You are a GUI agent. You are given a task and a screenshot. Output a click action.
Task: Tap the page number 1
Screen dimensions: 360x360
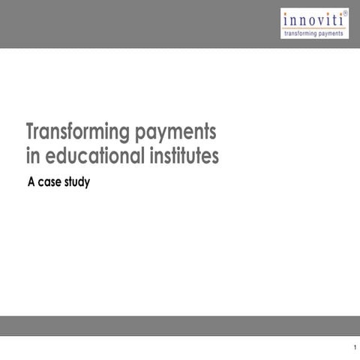(x=352, y=347)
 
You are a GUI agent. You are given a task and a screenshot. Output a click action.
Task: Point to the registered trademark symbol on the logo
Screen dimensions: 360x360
(x=345, y=12)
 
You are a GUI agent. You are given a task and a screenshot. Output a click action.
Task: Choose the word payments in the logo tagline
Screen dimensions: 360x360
(x=331, y=34)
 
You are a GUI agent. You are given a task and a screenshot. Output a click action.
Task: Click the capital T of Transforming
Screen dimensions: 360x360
(x=31, y=132)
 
